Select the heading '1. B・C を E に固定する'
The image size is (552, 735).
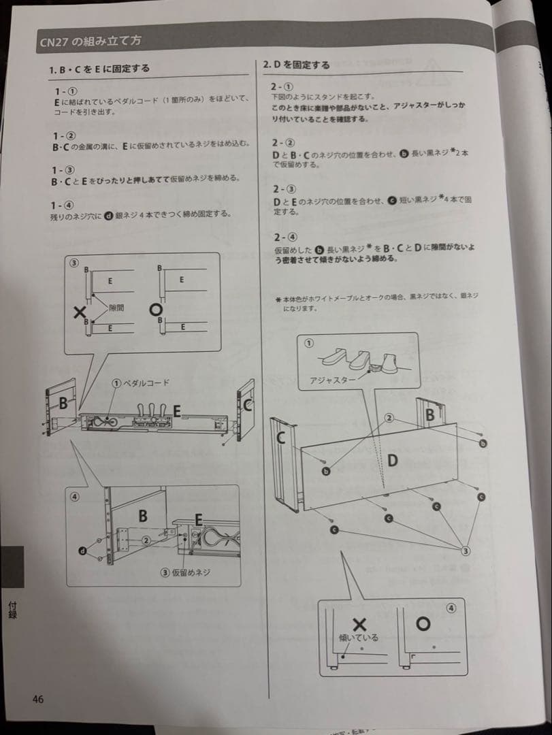click(99, 69)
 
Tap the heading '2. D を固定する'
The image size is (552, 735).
click(296, 65)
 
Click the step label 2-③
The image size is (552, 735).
click(282, 189)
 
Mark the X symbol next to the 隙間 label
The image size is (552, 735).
click(80, 312)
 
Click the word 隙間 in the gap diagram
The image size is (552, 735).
click(117, 308)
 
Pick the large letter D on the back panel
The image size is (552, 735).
click(392, 461)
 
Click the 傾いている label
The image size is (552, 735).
click(358, 638)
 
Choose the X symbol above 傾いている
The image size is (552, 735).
click(359, 624)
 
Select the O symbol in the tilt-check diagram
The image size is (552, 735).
click(423, 623)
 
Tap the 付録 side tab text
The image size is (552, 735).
click(12, 608)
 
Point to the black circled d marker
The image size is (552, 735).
click(82, 550)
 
